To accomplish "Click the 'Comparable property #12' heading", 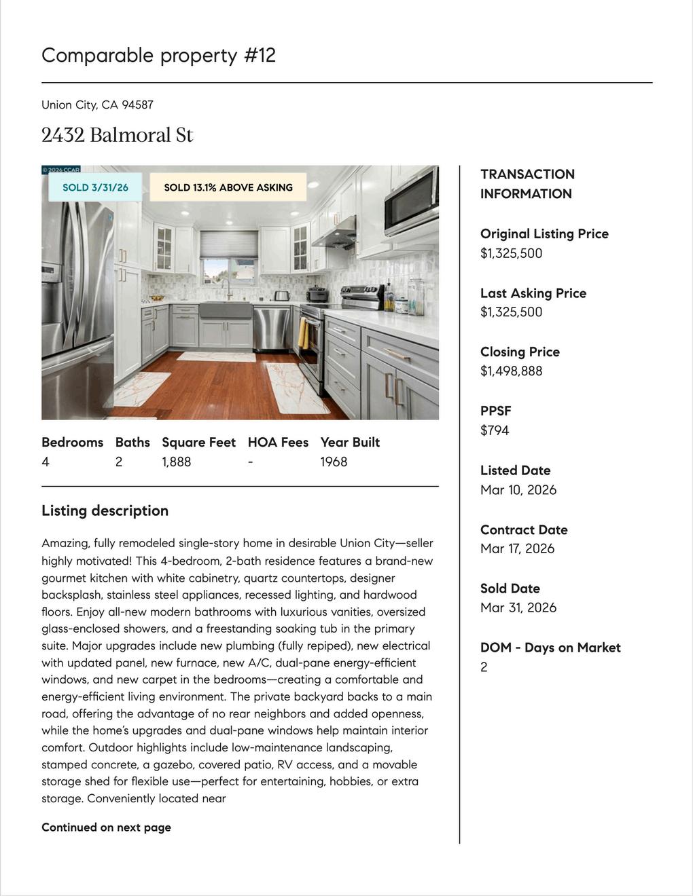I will point(158,55).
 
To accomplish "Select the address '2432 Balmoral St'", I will point(117,135).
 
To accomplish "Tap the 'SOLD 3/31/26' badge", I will point(95,187).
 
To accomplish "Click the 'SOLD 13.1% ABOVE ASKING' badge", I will point(228,187).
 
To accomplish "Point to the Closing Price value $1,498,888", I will point(511,371).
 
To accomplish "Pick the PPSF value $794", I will point(495,430).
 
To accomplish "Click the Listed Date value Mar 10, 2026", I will point(518,489).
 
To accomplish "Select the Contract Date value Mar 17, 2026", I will point(517,548).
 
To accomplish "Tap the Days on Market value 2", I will point(484,667).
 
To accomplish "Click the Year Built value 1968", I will point(334,462).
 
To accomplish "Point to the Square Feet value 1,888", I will point(176,462).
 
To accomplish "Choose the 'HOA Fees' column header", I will point(278,443).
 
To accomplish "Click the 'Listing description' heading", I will point(105,510).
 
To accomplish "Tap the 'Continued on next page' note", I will point(106,827).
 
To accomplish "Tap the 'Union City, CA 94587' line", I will point(97,105).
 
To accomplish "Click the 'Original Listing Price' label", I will point(544,234).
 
